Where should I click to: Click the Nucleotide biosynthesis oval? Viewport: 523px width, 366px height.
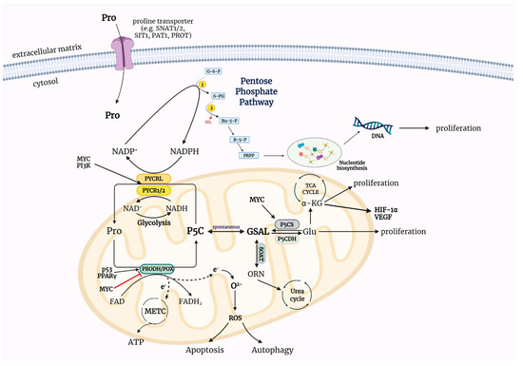[x=318, y=152]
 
